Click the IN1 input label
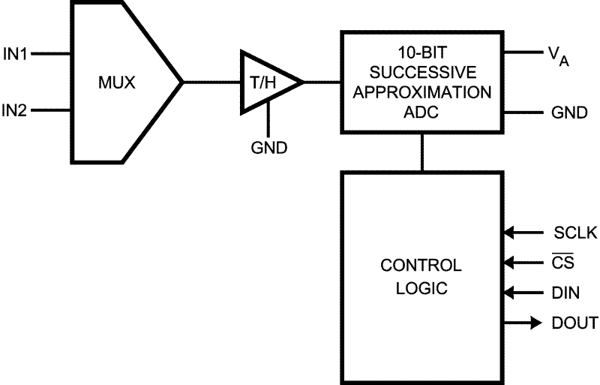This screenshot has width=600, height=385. [x=15, y=53]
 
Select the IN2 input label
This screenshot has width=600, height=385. [x=15, y=111]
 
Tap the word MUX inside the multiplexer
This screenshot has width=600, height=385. [x=117, y=82]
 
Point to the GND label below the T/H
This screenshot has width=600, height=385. [x=268, y=146]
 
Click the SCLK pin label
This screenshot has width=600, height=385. [x=574, y=233]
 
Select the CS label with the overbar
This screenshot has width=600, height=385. [x=563, y=263]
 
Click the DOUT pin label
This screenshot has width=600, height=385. [x=574, y=323]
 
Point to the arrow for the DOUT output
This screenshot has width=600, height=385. [x=534, y=323]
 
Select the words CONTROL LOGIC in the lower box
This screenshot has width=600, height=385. [x=421, y=276]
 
